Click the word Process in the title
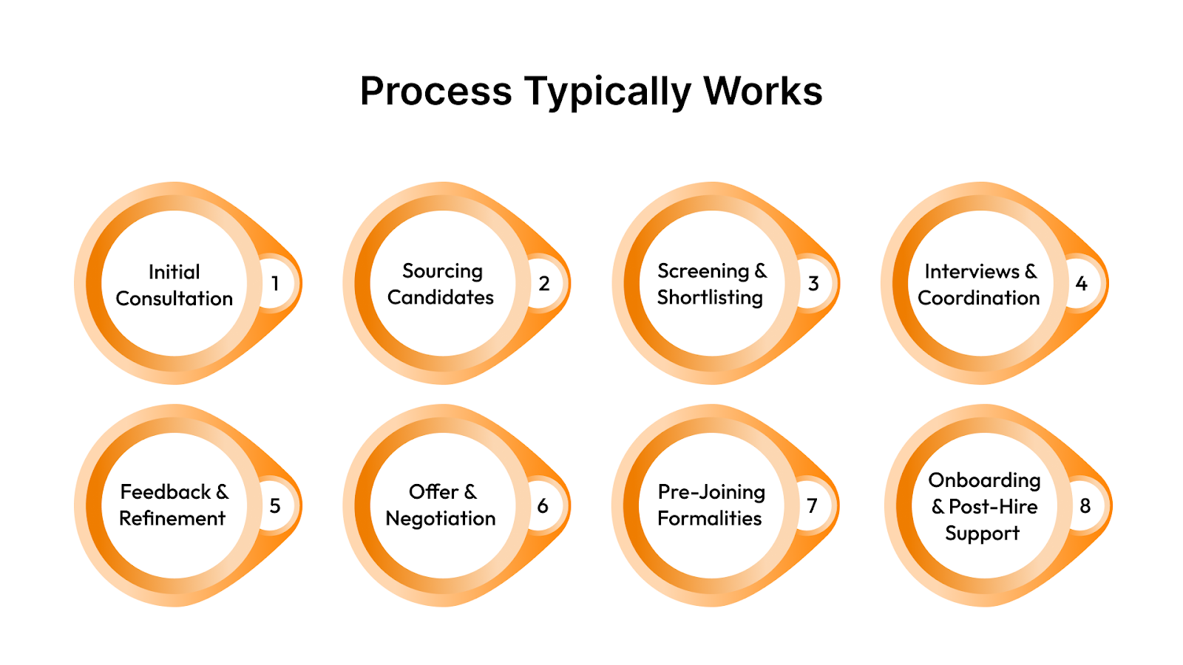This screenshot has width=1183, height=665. pyautogui.click(x=435, y=92)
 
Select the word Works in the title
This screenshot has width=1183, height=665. pyautogui.click(x=762, y=92)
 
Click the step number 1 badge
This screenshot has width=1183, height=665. pyautogui.click(x=275, y=284)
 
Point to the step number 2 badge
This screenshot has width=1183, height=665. pyautogui.click(x=544, y=284)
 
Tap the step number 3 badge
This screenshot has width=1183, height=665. pyautogui.click(x=813, y=284)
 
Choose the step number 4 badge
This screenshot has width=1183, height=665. pyautogui.click(x=1082, y=284)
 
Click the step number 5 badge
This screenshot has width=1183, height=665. pyautogui.click(x=275, y=506)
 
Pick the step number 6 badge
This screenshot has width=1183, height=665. pyautogui.click(x=543, y=506)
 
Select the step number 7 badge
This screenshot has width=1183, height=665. pyautogui.click(x=812, y=506)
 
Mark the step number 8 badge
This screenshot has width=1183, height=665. pyautogui.click(x=1085, y=506)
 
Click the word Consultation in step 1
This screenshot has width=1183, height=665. pyautogui.click(x=174, y=299)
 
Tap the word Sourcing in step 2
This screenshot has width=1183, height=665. pyautogui.click(x=442, y=271)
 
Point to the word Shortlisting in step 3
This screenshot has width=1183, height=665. pyautogui.click(x=710, y=298)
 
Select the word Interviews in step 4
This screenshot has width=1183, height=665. pyautogui.click(x=972, y=272)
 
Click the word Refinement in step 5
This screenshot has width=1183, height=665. pyautogui.click(x=172, y=519)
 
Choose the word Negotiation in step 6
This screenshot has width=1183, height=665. pyautogui.click(x=441, y=519)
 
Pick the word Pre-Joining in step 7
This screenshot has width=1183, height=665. pyautogui.click(x=711, y=493)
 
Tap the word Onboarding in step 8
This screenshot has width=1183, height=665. pyautogui.click(x=984, y=481)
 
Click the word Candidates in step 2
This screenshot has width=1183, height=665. pyautogui.click(x=441, y=298)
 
